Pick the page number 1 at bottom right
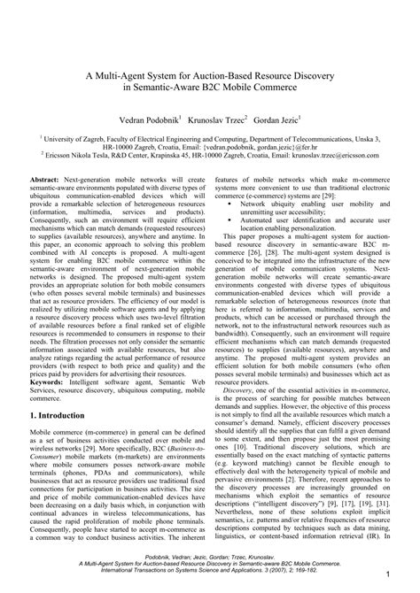388,576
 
